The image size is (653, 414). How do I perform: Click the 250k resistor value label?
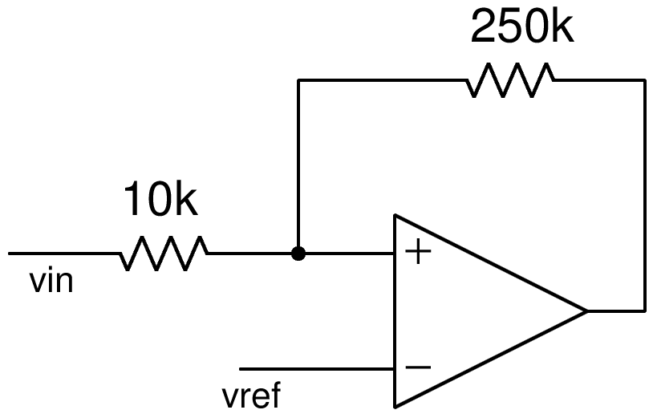[521, 29]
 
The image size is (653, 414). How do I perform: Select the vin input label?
[51, 282]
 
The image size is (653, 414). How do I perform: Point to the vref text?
[250, 396]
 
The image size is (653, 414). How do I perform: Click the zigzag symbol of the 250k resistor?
[510, 80]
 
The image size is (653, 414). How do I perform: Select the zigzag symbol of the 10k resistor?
[164, 254]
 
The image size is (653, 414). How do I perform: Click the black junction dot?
[298, 254]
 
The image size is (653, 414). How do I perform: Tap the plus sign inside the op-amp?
[419, 254]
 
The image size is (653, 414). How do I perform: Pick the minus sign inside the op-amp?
[419, 368]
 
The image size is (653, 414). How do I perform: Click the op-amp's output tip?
[586, 310]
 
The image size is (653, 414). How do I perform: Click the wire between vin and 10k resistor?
[64, 254]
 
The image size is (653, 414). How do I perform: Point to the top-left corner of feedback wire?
[298, 80]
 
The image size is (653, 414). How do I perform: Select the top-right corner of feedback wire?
[644, 80]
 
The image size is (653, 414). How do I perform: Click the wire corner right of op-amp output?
[644, 310]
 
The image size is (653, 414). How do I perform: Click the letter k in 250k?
[562, 29]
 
